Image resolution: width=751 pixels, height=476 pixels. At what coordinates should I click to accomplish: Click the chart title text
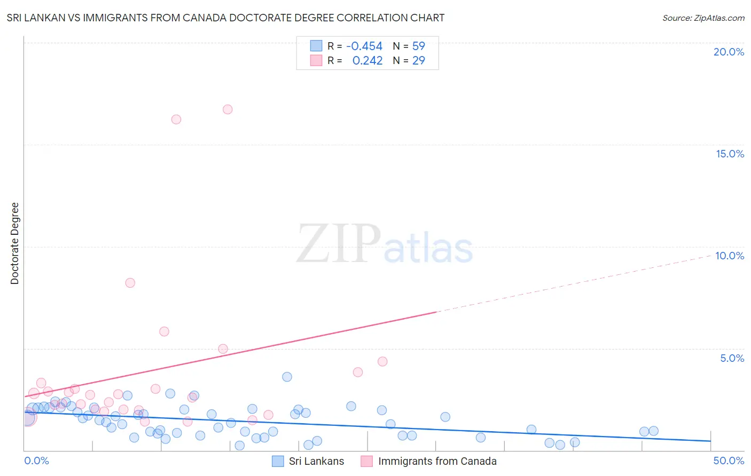tap(225, 18)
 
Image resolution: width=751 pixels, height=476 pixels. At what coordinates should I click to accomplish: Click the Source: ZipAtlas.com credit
tap(703, 18)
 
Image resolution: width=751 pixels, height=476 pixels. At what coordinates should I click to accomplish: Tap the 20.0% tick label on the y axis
tap(729, 52)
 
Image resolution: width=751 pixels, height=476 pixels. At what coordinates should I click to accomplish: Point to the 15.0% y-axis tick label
tap(730, 154)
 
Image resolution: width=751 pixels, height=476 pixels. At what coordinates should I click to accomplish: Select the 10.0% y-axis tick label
tap(730, 256)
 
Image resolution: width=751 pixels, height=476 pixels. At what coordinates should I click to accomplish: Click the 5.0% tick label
tap(732, 358)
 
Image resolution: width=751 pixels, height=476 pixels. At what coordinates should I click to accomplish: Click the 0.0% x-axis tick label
tap(36, 461)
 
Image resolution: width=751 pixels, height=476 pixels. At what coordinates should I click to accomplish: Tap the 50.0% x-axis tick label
tap(729, 461)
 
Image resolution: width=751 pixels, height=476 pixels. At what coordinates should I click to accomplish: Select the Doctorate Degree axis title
tap(14, 243)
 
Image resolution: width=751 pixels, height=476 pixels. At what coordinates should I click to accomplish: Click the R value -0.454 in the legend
tap(364, 46)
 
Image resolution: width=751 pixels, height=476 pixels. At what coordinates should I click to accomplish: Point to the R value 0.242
tap(367, 61)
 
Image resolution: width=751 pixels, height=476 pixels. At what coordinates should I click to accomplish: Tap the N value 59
tap(419, 46)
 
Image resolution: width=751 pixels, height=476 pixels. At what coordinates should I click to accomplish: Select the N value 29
tap(419, 61)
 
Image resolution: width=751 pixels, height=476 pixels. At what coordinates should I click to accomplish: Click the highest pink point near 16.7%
tap(228, 109)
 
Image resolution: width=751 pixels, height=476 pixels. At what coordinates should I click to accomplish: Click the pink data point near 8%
tap(130, 283)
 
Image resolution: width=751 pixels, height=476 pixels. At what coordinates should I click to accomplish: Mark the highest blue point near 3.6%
tap(287, 377)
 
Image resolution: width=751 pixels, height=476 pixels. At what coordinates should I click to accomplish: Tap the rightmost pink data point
tap(382, 361)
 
